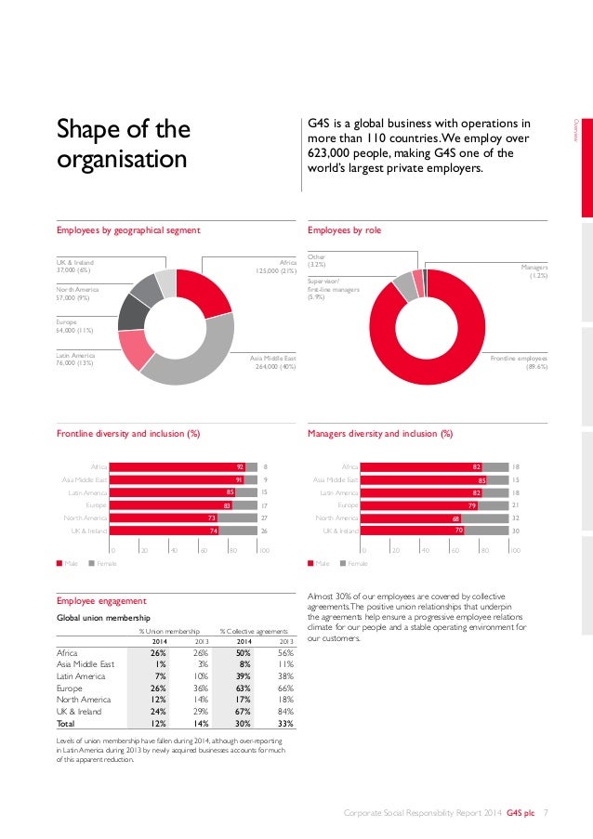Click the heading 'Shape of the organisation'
click(x=123, y=144)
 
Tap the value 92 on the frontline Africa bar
click(x=240, y=466)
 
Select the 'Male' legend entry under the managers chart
click(x=322, y=563)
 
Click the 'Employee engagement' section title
click(x=101, y=601)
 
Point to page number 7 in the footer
click(x=546, y=814)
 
